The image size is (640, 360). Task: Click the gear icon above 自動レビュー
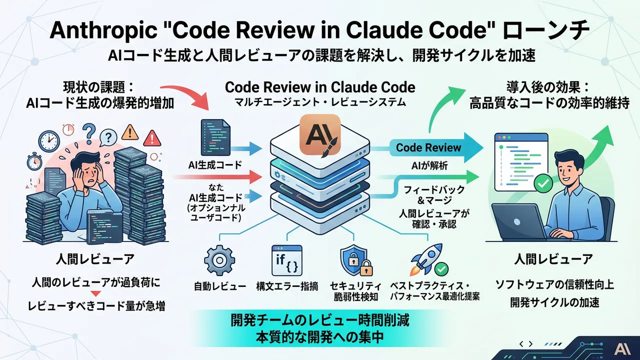click(x=219, y=260)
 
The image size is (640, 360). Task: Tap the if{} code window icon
click(x=286, y=260)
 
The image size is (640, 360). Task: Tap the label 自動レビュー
click(x=220, y=287)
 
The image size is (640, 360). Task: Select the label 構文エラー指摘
click(x=286, y=287)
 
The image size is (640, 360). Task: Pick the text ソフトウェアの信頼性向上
click(x=554, y=285)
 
